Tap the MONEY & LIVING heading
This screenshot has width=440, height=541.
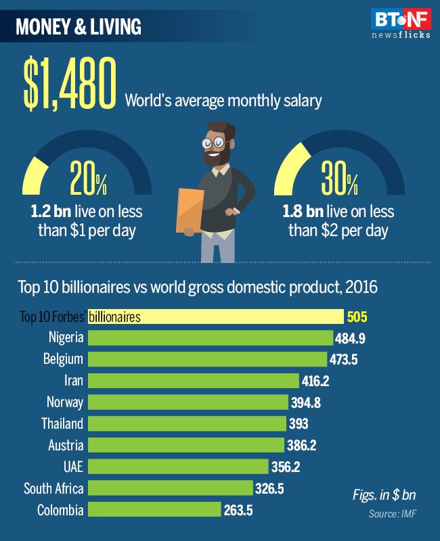pyautogui.click(x=79, y=27)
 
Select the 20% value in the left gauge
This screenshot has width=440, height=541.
pyautogui.click(x=88, y=181)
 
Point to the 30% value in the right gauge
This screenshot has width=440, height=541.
pyautogui.click(x=339, y=181)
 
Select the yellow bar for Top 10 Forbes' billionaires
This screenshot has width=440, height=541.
pyautogui.click(x=216, y=316)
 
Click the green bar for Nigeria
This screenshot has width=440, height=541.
pyautogui.click(x=211, y=337)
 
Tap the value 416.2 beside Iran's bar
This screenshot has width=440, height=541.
pyautogui.click(x=315, y=381)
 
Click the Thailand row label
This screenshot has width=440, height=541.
pyautogui.click(x=62, y=424)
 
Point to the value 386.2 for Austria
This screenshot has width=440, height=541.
pyautogui.click(x=301, y=446)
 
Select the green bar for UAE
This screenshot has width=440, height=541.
pyautogui.click(x=178, y=467)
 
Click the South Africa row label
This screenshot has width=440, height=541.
pyautogui.click(x=53, y=488)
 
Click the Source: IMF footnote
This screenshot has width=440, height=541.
pyautogui.click(x=393, y=515)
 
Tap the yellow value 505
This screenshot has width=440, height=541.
pyautogui.click(x=357, y=316)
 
